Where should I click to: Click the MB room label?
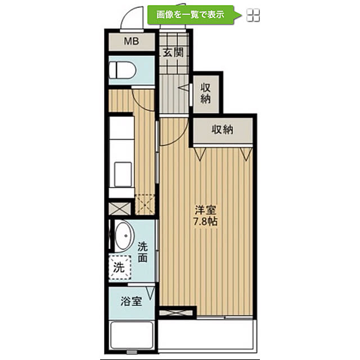[x=131, y=41]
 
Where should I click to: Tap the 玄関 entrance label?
[x=173, y=52]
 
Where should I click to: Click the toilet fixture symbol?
[x=123, y=70]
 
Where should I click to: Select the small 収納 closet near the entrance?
[x=205, y=93]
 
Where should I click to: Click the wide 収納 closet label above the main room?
[x=222, y=129]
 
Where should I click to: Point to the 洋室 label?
[x=205, y=210]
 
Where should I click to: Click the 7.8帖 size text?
[x=205, y=221]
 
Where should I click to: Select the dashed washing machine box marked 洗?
[x=120, y=268]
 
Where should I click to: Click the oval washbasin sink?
[x=124, y=236]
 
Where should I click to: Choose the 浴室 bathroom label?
[x=131, y=301]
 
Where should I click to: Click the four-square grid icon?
[x=253, y=15]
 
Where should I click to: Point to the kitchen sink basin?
[x=123, y=174]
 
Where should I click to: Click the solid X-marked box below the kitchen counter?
[x=120, y=209]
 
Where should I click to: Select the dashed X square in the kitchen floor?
[x=145, y=205]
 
